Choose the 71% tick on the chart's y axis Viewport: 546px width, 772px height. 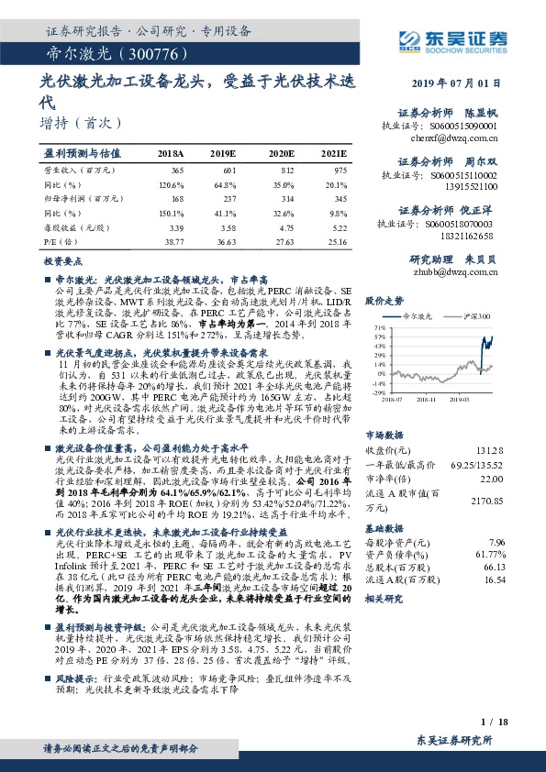[378, 326]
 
